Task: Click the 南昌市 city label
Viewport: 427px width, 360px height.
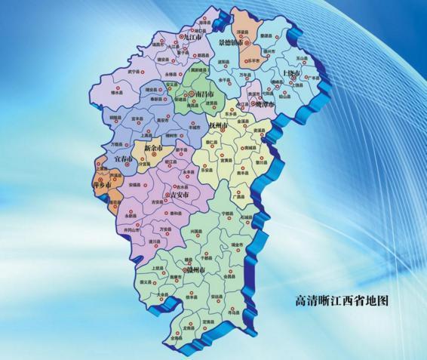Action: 204,94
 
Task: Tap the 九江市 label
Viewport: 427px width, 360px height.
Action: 195,36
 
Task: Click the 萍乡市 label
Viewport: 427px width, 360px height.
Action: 102,184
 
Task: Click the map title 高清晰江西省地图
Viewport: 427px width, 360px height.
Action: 341,300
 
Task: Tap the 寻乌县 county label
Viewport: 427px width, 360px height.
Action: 235,310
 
